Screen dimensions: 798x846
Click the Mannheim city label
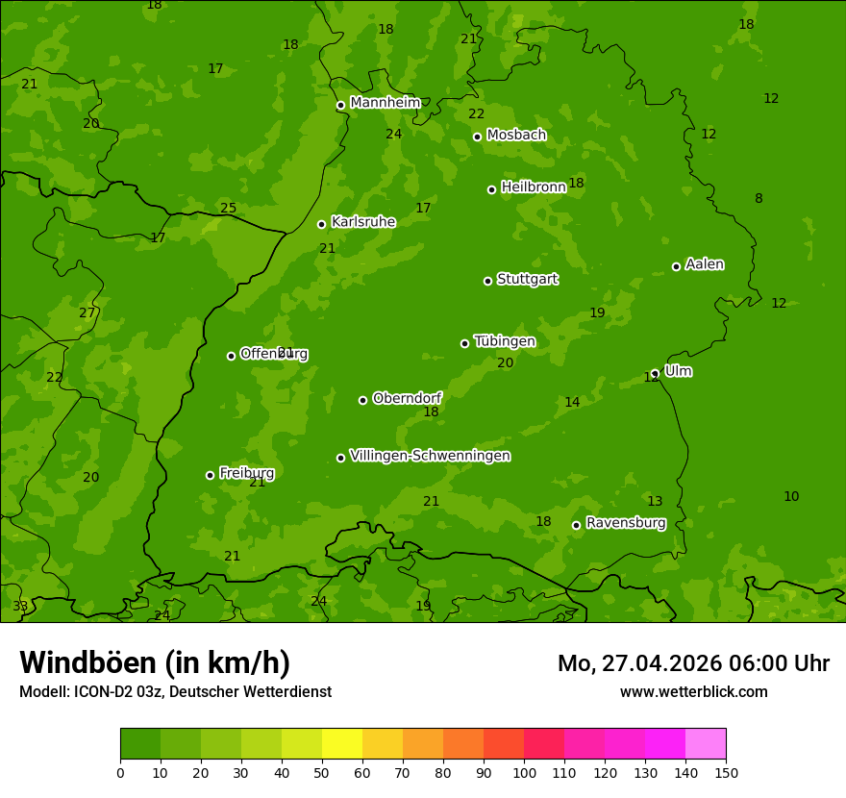pos(385,103)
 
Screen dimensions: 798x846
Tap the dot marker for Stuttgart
pos(487,281)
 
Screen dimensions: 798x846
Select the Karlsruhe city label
pos(362,222)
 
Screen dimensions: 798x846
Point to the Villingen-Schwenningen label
pos(430,456)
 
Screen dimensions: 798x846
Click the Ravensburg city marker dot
pos(576,525)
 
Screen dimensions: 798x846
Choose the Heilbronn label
pos(533,187)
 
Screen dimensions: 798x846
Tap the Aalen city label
pos(704,264)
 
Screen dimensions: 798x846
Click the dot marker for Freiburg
pos(210,475)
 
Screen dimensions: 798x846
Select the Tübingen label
pos(504,341)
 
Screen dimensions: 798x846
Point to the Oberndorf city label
pos(407,398)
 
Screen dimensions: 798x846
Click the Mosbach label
pos(515,135)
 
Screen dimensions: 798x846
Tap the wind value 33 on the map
pos(20,607)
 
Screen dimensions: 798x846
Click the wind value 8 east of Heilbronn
pos(759,199)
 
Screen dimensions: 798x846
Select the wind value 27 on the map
pos(87,313)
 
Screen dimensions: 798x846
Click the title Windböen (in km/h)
pos(155,662)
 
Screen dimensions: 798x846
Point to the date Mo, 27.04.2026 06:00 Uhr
pos(693,663)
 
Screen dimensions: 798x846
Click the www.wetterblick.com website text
pos(693,691)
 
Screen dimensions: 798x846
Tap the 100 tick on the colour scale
pos(524,772)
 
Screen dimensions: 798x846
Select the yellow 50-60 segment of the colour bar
pos(342,744)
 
